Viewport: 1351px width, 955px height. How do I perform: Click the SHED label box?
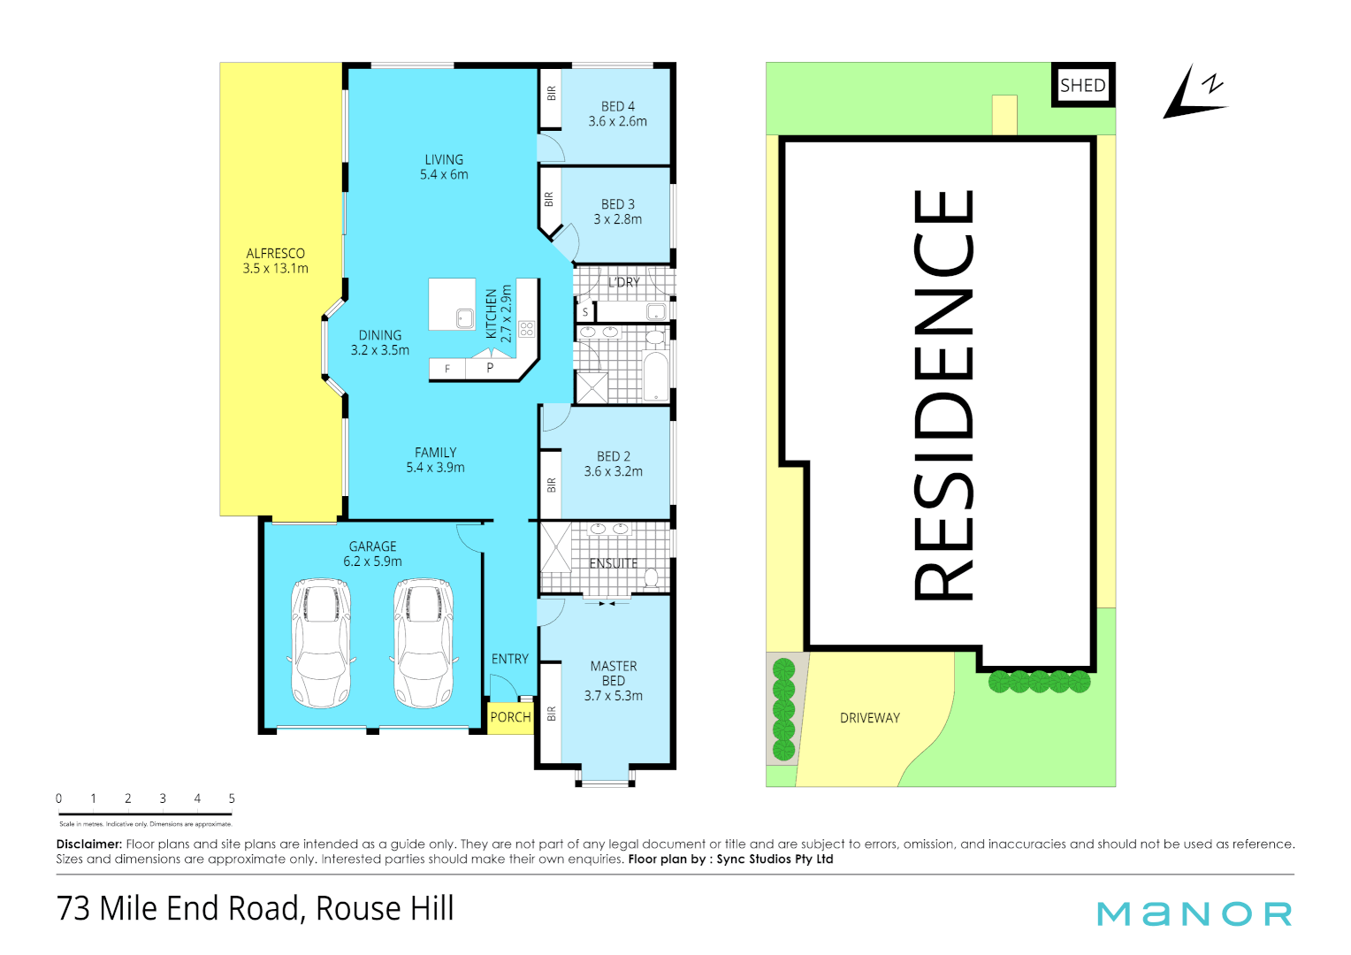click(x=1082, y=86)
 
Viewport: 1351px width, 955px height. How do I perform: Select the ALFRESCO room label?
click(x=276, y=254)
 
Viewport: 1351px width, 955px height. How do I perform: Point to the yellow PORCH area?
click(x=510, y=717)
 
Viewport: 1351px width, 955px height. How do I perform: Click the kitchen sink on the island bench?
click(x=465, y=317)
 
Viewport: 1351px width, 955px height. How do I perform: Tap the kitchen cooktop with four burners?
click(x=527, y=329)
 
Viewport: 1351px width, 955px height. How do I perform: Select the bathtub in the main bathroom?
click(x=654, y=377)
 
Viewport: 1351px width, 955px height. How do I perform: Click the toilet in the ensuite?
click(x=652, y=578)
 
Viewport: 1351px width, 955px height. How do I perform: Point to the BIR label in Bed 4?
click(x=552, y=93)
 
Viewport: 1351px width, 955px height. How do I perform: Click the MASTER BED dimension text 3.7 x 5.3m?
click(x=614, y=696)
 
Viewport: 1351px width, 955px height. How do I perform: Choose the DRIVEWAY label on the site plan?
click(x=870, y=718)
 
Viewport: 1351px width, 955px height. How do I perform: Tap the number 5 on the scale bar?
click(x=232, y=798)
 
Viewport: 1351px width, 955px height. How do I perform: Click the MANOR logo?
click(x=1195, y=913)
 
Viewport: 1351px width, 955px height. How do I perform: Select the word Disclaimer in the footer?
click(x=88, y=844)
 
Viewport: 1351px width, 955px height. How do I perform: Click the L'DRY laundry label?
click(x=623, y=283)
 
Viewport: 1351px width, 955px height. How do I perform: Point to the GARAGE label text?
click(x=372, y=546)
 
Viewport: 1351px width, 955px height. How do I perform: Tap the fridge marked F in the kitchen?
click(x=447, y=369)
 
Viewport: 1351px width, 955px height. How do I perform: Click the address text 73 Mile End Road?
click(x=178, y=909)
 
